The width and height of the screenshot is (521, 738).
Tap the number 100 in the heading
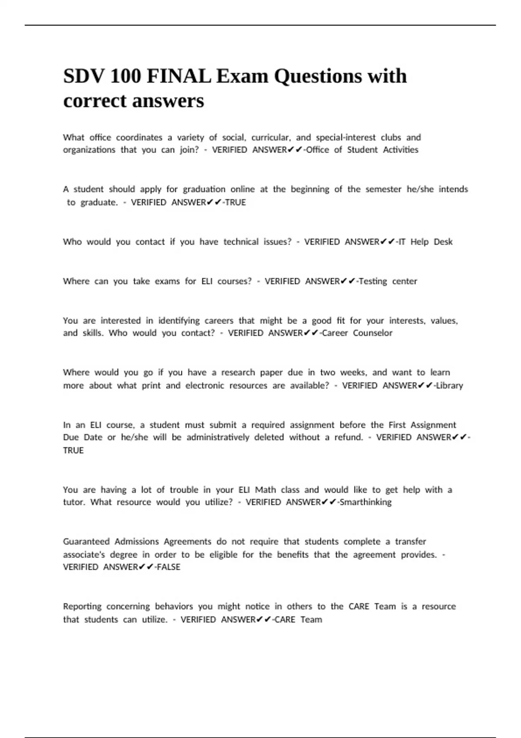[125, 76]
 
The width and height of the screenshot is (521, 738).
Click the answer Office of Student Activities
[362, 150]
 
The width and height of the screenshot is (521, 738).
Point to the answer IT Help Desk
[425, 242]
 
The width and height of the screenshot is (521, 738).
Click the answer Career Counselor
[357, 333]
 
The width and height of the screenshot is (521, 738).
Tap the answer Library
[449, 385]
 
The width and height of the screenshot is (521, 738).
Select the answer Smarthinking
[366, 502]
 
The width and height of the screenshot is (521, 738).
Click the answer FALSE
[168, 567]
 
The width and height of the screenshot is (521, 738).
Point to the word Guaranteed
[86, 542]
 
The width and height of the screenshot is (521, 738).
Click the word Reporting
[82, 606]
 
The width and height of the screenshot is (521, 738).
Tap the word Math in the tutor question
[265, 490]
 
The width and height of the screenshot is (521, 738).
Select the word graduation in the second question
[204, 189]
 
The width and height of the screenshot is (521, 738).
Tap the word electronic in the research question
[205, 385]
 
